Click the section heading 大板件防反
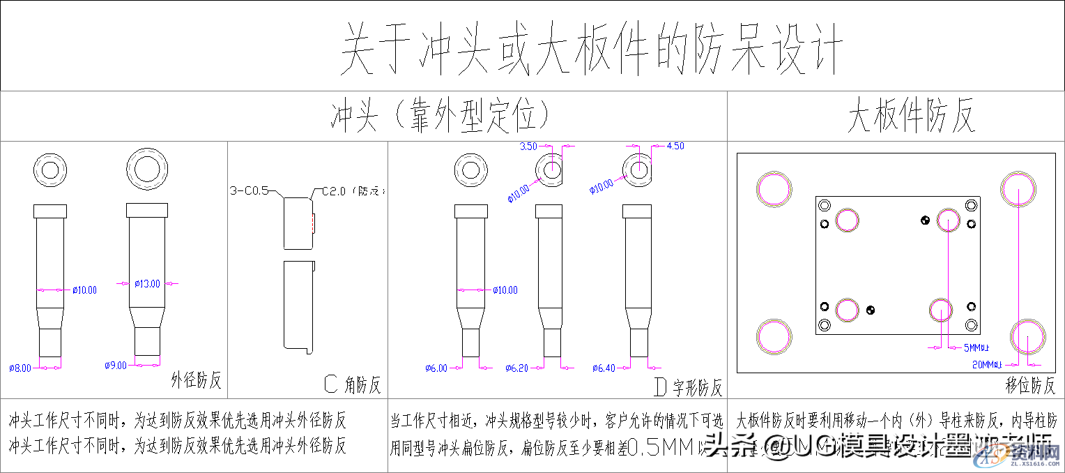coord(910,116)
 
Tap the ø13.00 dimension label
coord(147,284)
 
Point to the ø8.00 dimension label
coord(20,368)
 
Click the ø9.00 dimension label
coord(116,365)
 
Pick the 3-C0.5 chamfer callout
coord(249,190)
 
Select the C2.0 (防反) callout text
coord(352,190)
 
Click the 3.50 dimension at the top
coord(528,147)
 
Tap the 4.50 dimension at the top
coord(675,146)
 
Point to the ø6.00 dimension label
coord(436,368)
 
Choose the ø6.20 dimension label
coord(517,368)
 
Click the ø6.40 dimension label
coord(604,368)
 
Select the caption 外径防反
coord(197,380)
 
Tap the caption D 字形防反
coord(689,386)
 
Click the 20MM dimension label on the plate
coord(986,363)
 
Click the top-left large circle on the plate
coord(774,188)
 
